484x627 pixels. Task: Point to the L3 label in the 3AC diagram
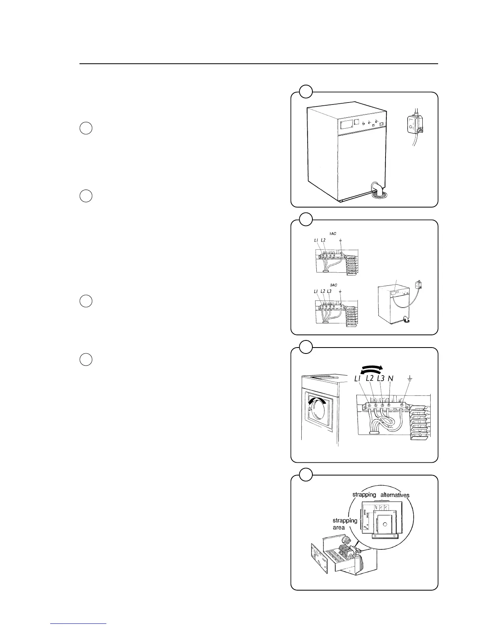329,291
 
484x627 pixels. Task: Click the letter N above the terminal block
390,378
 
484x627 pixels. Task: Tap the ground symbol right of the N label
409,379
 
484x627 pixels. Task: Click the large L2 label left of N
370,378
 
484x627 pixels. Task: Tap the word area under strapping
338,528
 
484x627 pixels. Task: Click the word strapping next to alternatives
364,495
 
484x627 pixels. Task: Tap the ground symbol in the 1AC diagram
340,240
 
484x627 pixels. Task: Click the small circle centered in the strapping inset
384,524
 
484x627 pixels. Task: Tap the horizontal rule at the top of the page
259,63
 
